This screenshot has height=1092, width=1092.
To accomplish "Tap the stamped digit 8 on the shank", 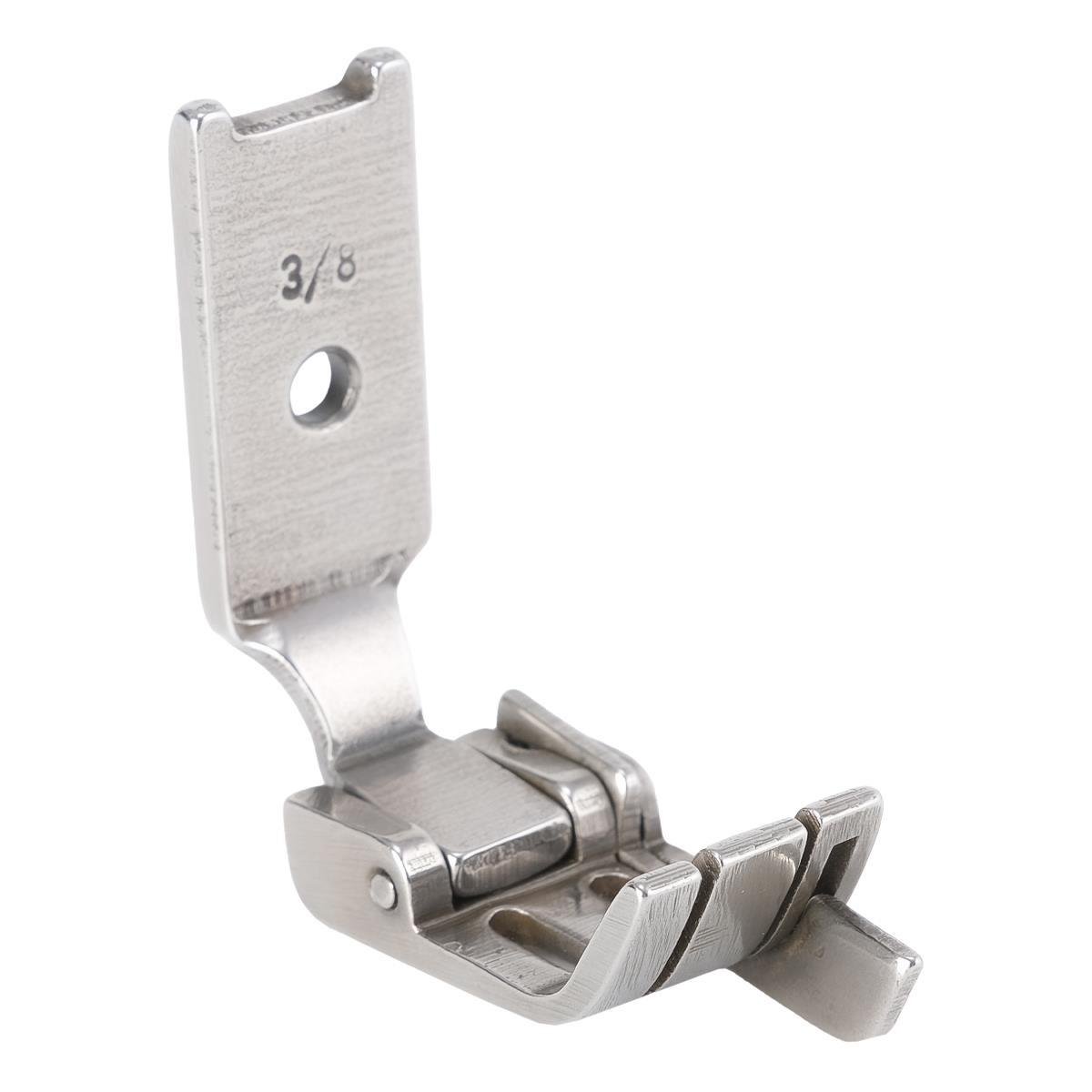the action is coord(344,272).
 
